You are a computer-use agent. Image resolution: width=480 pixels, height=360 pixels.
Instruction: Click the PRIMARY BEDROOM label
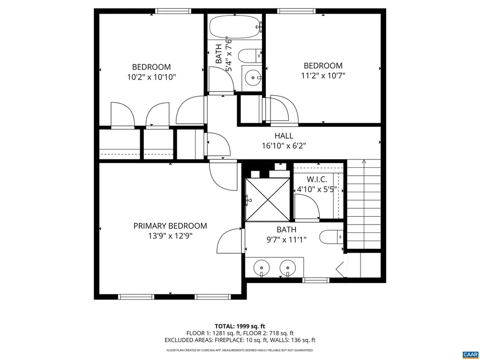pos(170,225)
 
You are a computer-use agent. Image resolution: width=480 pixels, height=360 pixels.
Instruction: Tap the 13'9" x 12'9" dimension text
pos(170,236)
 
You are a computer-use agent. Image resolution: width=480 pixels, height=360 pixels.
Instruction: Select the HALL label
pos(284,136)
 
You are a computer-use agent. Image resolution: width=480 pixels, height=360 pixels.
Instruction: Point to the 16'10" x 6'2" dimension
pos(284,146)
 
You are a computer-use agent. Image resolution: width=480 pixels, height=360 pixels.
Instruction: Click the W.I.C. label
pos(317,180)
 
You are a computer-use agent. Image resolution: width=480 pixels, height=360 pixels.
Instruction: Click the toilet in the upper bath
pos(249,56)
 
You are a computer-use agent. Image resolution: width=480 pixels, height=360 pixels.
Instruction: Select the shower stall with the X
pos(268,200)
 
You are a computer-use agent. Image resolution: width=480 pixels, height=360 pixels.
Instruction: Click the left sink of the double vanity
pos(261,269)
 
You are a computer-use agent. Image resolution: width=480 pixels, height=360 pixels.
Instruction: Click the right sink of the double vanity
pos(286,269)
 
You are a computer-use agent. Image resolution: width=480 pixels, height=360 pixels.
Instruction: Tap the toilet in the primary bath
pos(331,237)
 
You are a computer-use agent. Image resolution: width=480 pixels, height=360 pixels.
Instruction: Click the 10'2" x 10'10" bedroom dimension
pos(151,77)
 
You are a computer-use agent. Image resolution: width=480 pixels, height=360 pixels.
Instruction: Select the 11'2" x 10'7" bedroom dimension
pos(322,75)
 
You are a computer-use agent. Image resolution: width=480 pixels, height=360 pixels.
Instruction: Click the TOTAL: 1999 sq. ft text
pos(240,326)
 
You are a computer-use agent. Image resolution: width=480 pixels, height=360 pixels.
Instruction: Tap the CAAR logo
pos(469,354)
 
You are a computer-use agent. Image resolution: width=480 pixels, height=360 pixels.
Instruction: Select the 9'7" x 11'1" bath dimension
pos(286,240)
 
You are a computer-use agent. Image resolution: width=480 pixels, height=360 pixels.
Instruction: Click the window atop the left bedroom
pos(173,11)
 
